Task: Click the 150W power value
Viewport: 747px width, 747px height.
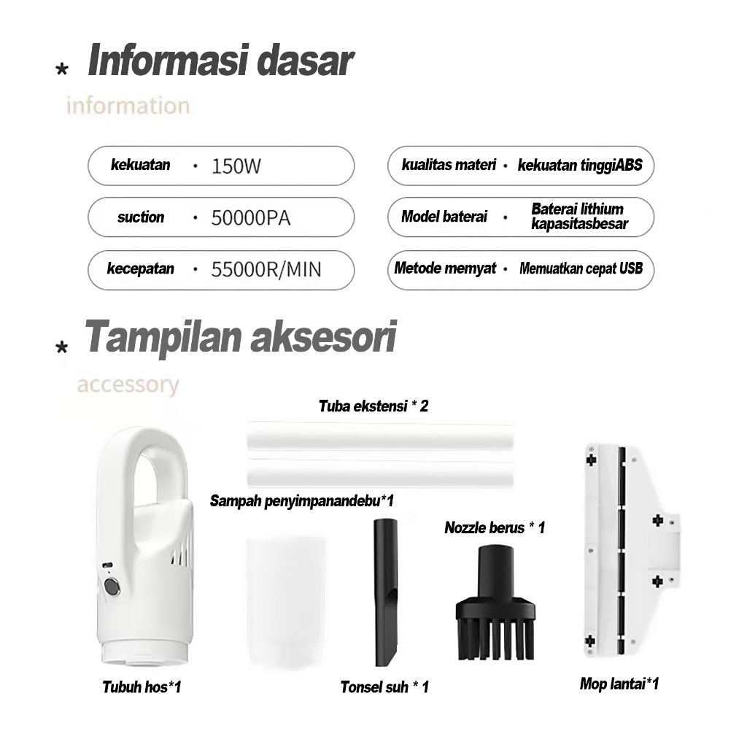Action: coord(236,166)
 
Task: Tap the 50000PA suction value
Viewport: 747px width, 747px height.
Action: coord(250,217)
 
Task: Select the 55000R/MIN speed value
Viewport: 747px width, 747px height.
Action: coord(266,270)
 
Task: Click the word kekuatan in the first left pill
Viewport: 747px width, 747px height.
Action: coord(141,165)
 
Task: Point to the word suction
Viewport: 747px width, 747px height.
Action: coord(141,217)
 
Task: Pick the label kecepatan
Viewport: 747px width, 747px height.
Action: coord(141,268)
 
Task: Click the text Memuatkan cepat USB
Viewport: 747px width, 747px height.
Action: coord(581,268)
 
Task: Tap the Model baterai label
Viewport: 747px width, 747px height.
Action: coord(444,217)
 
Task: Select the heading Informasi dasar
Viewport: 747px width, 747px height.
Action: coord(220,61)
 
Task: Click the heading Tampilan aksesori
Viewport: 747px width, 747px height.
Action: coord(241,338)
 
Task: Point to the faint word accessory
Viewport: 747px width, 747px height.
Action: coord(128,384)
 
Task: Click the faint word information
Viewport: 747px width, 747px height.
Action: coord(128,106)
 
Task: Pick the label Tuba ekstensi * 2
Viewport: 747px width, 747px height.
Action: coord(373,406)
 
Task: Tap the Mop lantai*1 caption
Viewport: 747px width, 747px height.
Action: coord(619,684)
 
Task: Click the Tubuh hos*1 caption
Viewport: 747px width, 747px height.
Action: coord(142,686)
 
